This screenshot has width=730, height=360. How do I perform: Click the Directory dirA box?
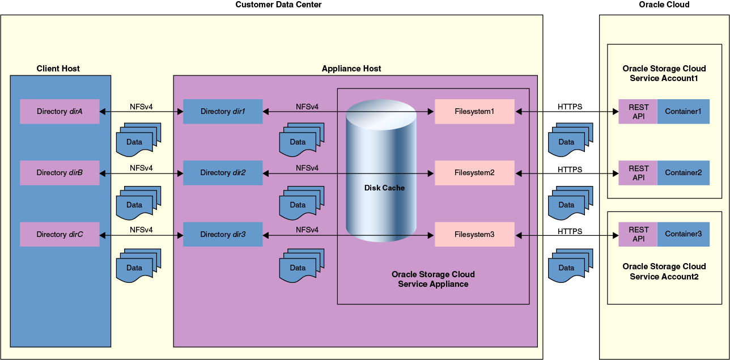coord(60,112)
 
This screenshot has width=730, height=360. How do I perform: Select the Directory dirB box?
coord(60,173)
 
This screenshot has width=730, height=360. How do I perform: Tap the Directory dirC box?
coord(60,234)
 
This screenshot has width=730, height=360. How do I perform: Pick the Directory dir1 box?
coord(223,112)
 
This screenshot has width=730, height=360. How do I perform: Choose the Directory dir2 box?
coord(223,173)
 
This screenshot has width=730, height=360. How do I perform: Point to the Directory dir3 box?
coord(223,234)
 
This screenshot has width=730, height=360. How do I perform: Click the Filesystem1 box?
coord(474,112)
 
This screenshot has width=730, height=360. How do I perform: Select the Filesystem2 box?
coord(474,173)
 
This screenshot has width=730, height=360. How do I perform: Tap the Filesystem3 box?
coord(474,234)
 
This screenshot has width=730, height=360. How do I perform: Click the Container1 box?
coord(683,112)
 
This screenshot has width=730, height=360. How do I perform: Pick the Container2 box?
coord(683,173)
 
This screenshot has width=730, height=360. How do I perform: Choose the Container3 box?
coord(683,234)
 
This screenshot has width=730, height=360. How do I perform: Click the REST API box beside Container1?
coord(638,112)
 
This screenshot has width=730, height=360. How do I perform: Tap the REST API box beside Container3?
coord(638,234)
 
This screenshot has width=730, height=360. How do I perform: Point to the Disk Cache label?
coord(384,188)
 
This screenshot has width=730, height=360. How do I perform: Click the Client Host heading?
coord(58,69)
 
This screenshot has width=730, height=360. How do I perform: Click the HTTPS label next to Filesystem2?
coord(570,169)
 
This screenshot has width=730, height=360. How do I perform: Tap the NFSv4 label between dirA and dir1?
coord(141,107)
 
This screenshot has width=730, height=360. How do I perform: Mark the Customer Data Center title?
coord(278,5)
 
